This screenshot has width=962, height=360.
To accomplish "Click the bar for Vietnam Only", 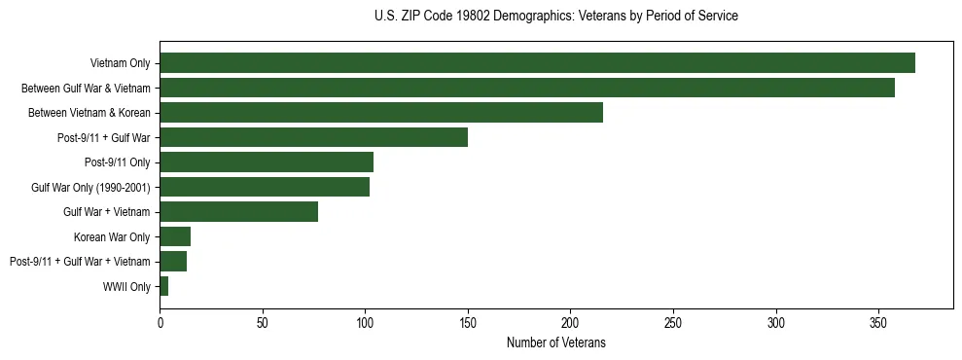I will [537, 63].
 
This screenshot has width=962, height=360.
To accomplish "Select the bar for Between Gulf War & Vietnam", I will [526, 88].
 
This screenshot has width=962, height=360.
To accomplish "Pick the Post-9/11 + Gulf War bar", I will [313, 137].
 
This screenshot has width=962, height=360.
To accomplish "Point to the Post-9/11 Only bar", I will [267, 162].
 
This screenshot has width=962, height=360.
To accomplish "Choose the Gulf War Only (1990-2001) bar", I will [265, 187].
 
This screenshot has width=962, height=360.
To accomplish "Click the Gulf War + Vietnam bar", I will [238, 212].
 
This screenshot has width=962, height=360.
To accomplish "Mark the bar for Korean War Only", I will [175, 236].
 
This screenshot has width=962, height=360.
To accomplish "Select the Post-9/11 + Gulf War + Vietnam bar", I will [173, 262].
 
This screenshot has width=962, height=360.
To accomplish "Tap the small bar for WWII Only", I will [164, 286].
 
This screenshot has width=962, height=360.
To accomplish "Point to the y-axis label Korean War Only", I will [112, 237].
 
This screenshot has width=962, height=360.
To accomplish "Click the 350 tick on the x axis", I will [878, 322].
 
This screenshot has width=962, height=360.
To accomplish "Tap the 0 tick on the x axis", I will [160, 322].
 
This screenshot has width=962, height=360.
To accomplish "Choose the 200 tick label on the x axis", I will [570, 322].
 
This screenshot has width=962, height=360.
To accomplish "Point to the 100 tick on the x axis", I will [365, 322].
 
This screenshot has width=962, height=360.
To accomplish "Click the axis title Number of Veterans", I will [555, 342].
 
